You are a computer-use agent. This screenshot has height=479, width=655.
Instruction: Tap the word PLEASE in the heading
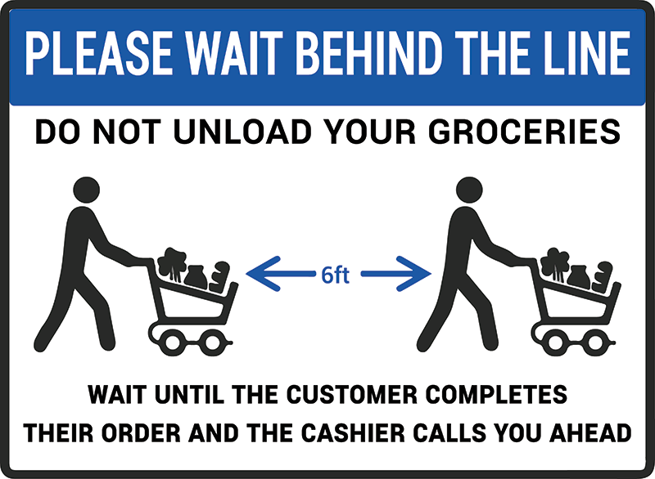coord(99,54)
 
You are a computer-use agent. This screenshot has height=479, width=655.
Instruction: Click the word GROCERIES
coord(525,132)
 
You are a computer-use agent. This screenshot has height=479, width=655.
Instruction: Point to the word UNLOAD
coord(242,132)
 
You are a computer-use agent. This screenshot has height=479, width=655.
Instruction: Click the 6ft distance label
coord(335,275)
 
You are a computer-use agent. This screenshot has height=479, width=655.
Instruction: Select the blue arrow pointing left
coord(281,274)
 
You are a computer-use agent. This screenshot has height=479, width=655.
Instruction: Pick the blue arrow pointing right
coord(396,274)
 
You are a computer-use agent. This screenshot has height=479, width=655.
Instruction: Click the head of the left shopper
coord(87,190)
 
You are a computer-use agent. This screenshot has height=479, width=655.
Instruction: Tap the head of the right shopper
coord(469,190)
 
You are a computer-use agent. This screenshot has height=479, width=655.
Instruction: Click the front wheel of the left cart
coord(211,342)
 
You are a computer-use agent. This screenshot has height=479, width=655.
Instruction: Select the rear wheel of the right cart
coord(556,342)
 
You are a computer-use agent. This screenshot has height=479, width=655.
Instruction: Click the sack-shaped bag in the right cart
coord(579,277)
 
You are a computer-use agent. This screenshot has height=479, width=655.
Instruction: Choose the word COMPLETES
coord(496,394)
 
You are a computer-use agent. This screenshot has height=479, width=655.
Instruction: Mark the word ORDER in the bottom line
coord(141,432)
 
